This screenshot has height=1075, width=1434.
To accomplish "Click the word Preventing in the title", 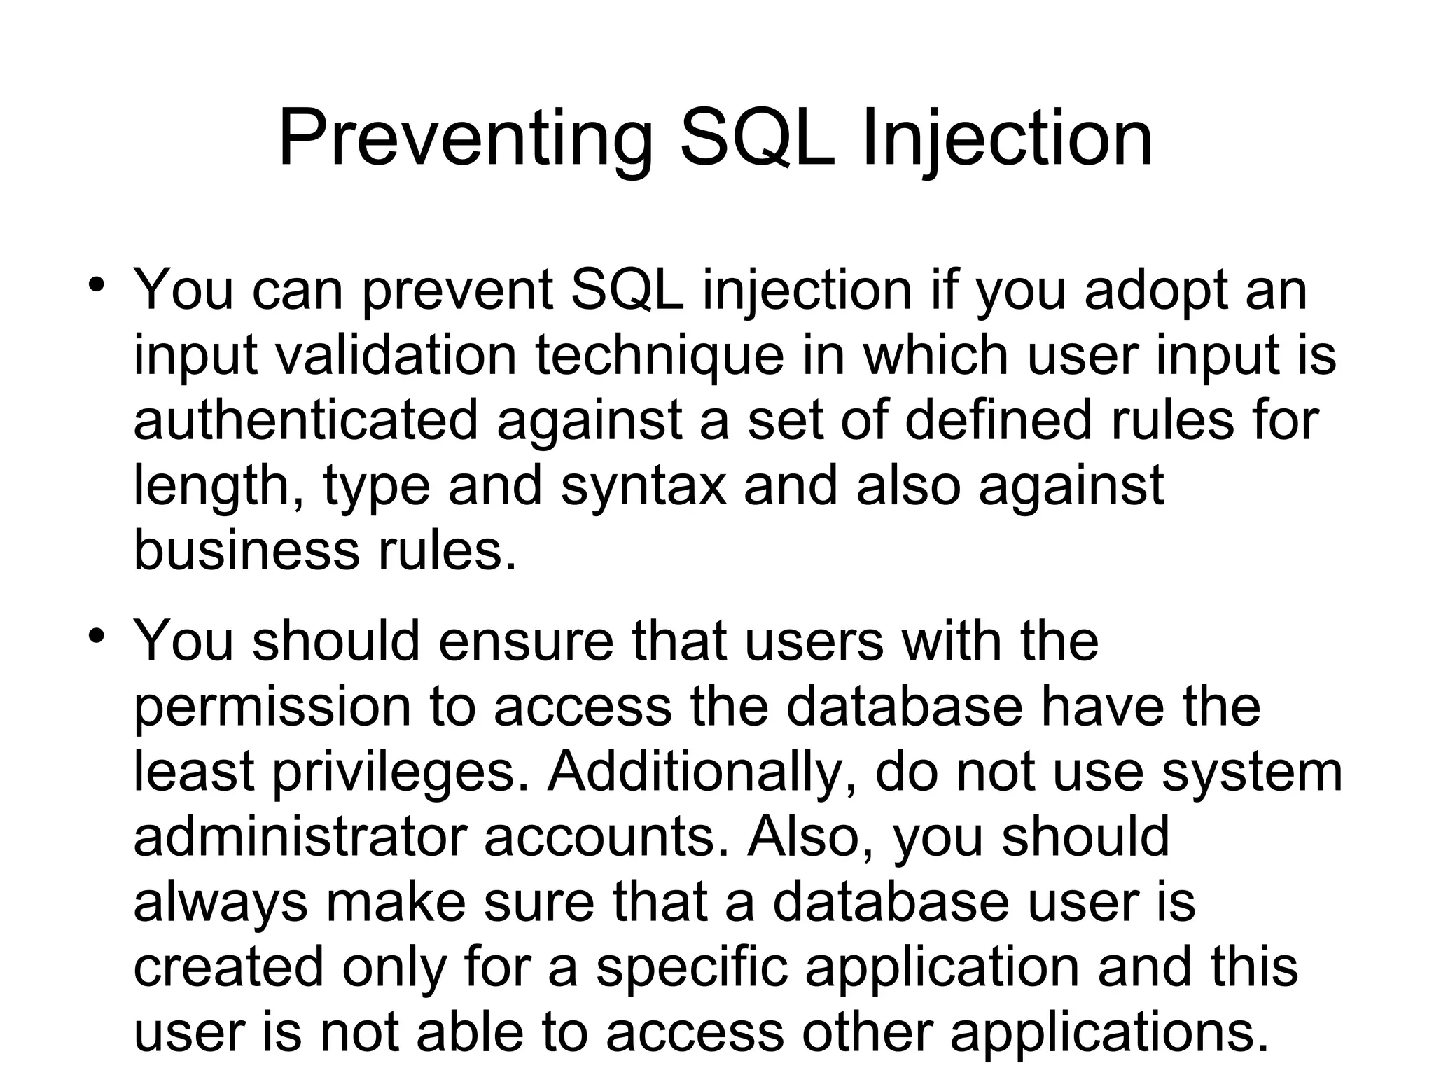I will tap(466, 140).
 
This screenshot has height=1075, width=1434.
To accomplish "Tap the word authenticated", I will tap(305, 420).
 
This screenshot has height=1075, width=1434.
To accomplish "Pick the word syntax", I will tap(643, 487).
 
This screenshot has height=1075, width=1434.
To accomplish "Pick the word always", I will tap(220, 903).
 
